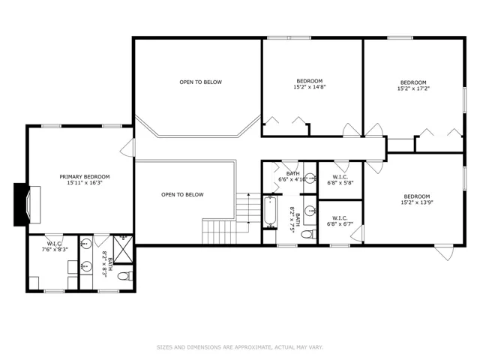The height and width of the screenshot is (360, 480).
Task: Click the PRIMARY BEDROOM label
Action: coord(85,177)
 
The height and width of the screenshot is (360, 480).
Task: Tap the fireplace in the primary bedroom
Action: coord(27,205)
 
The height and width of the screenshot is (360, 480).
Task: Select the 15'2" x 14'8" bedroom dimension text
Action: coord(310,87)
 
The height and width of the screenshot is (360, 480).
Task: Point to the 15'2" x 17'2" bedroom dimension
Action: coord(413,88)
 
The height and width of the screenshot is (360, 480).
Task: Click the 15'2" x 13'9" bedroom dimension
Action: coord(417,202)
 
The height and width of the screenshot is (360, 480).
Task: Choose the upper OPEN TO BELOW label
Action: coord(200,82)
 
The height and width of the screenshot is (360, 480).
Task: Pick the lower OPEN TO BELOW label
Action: coord(182,194)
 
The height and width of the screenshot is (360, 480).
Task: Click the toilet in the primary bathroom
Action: coord(125,276)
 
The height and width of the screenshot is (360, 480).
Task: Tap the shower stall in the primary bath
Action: coord(123,249)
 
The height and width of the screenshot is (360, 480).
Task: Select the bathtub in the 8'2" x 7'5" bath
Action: coord(270,211)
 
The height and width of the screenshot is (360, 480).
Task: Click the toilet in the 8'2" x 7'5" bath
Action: coord(308,235)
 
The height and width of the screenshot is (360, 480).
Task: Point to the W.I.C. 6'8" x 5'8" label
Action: coord(340,180)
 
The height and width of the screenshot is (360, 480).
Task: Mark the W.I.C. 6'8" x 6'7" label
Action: coord(340,221)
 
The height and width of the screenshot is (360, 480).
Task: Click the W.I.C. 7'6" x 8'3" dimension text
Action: coord(55,250)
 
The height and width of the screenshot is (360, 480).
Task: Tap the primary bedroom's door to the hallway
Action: coord(127,148)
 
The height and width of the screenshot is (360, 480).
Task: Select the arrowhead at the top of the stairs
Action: coord(249,194)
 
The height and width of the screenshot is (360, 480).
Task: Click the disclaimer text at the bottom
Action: coord(240,347)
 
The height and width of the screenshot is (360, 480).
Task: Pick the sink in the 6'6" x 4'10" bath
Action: coord(310,178)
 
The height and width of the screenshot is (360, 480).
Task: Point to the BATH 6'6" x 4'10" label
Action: coord(293,177)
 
